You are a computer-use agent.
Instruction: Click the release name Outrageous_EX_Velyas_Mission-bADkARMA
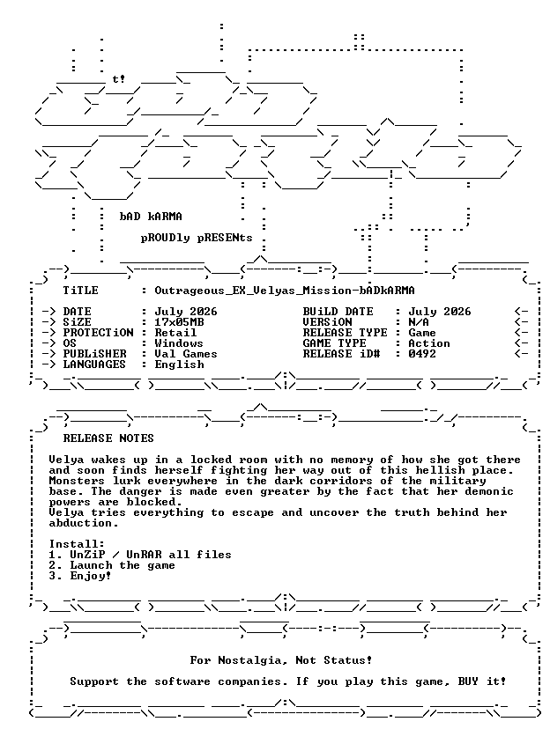285,291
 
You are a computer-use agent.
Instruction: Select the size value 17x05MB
179,321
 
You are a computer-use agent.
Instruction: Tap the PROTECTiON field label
98,333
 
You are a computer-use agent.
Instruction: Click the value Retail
175,333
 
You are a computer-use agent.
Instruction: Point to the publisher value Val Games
186,354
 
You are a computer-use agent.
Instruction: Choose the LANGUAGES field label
94,364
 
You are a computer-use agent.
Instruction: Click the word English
179,364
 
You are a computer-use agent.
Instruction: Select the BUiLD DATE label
338,311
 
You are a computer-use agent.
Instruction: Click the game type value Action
429,343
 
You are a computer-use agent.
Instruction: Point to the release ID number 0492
422,354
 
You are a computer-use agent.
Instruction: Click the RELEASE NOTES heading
108,438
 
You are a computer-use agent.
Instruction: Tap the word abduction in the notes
84,523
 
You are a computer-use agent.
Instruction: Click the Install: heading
77,544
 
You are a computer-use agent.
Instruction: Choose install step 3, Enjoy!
80,576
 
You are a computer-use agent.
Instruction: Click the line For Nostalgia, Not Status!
281,660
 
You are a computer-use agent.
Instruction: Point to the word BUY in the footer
468,681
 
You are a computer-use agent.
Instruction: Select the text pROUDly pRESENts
197,238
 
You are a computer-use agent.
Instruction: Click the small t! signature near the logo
119,78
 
